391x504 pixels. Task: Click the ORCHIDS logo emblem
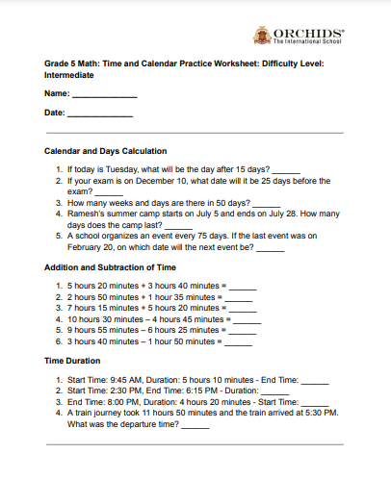coord(260,36)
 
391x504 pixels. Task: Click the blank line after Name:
coord(104,96)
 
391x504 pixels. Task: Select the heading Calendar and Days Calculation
coord(106,151)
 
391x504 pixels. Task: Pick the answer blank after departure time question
coord(195,425)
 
